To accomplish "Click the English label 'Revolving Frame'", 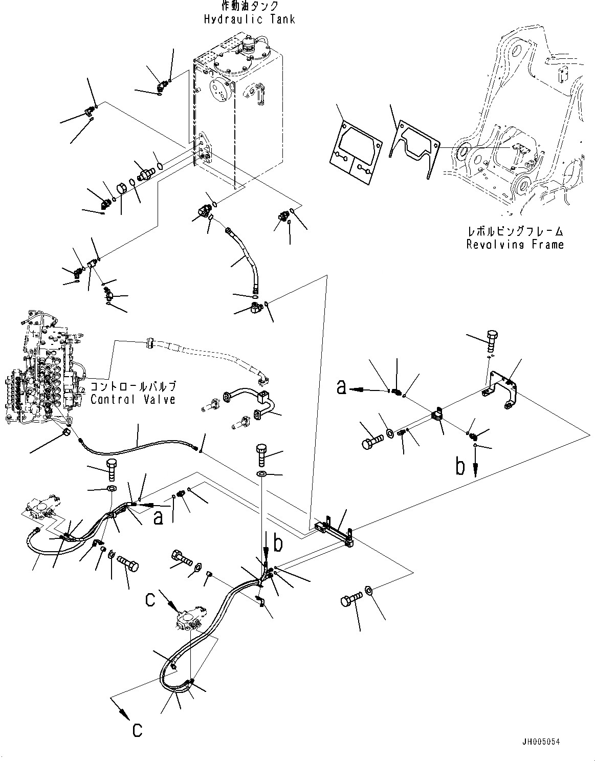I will tap(515, 245).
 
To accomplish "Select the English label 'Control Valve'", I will tap(133, 399).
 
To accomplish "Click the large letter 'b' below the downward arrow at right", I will tap(460, 467).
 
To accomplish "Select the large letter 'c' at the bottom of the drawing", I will tap(137, 730).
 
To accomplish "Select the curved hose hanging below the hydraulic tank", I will tap(243, 258).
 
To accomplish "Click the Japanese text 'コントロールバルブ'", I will tap(134, 386).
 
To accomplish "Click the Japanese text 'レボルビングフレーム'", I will tap(515, 232).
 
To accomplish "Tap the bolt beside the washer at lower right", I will tap(352, 600).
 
